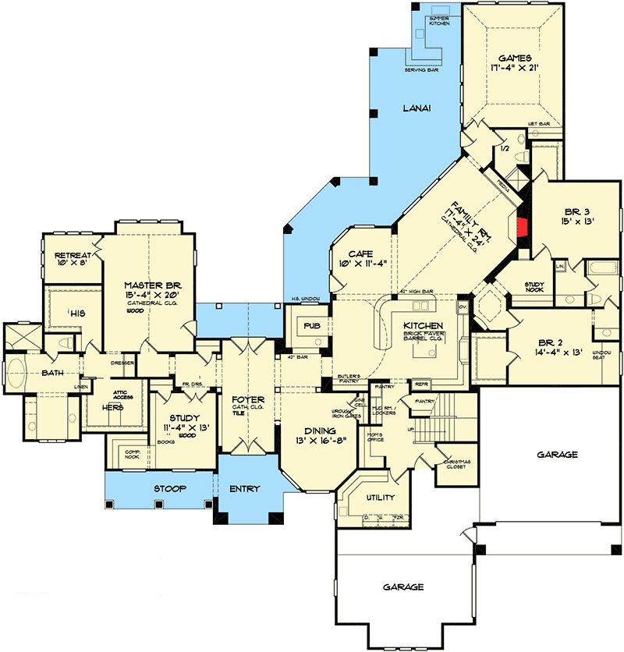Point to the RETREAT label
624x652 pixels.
coord(72,256)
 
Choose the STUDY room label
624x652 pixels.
coord(184,418)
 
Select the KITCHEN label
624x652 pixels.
coord(424,325)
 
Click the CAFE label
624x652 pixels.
coord(358,253)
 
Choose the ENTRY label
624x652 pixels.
coord(246,489)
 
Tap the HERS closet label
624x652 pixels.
coord(116,407)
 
